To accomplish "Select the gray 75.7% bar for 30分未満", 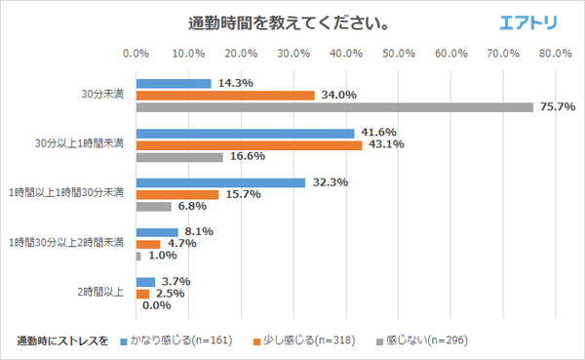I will [334, 107].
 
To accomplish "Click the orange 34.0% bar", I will [225, 95].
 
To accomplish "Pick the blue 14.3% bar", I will [174, 83].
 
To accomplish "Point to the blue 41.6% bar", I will [245, 133].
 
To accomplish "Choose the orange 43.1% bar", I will [249, 144].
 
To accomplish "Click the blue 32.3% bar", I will [220, 182].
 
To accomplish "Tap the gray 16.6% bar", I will [179, 157].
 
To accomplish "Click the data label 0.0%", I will [156, 305].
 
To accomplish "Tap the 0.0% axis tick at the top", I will [136, 53].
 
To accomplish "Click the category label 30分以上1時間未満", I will [80, 144].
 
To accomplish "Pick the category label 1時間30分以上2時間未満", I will [66, 244].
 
